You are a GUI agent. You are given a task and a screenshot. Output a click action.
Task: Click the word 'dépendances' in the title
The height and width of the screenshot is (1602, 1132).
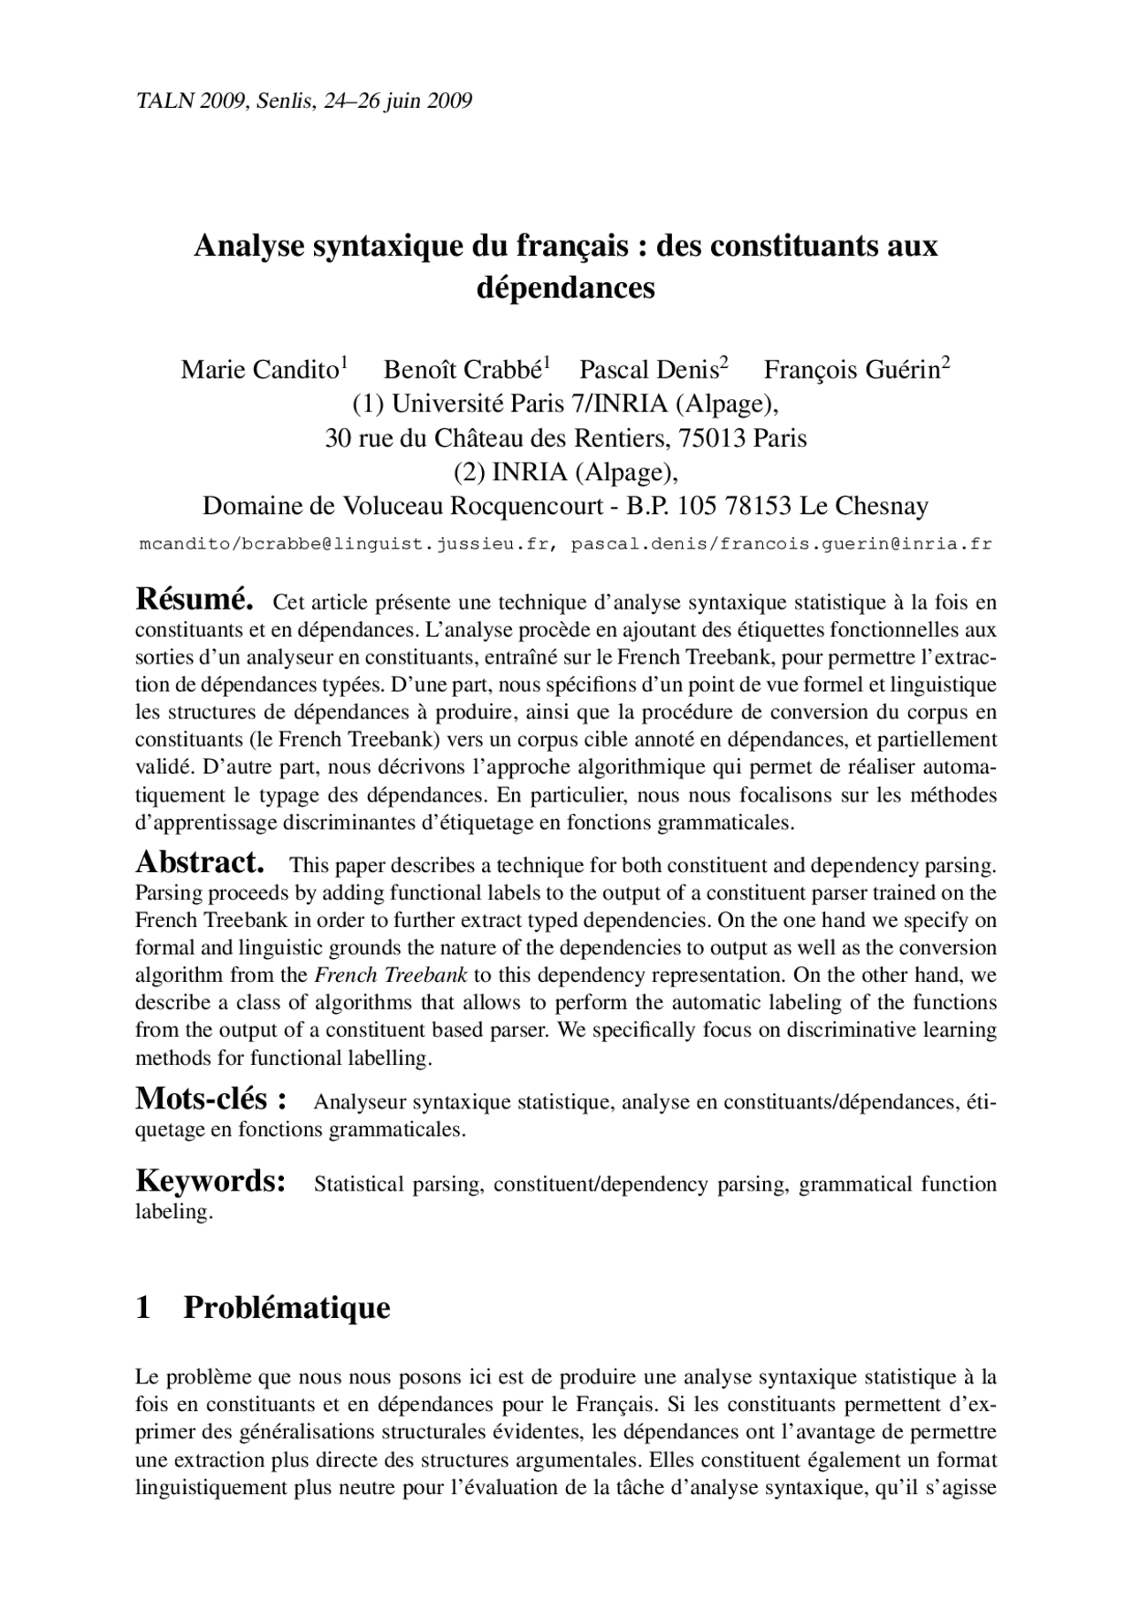click(566, 287)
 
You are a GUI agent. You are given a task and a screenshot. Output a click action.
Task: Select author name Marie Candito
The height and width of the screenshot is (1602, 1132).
click(259, 370)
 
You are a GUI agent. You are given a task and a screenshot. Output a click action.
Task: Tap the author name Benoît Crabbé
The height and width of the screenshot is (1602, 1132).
click(463, 370)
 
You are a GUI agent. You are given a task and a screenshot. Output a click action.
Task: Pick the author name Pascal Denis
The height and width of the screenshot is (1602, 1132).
click(648, 370)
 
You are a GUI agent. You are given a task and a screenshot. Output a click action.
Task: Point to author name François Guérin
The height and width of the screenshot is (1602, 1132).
click(851, 370)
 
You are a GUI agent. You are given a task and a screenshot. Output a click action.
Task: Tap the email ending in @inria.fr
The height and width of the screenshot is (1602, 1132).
click(781, 544)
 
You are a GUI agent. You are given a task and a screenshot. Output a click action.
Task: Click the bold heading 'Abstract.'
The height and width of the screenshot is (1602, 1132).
click(200, 862)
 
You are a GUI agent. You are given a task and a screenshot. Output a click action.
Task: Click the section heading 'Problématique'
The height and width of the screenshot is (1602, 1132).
click(287, 1307)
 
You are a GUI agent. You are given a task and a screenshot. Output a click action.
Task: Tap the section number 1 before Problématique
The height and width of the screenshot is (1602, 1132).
click(143, 1307)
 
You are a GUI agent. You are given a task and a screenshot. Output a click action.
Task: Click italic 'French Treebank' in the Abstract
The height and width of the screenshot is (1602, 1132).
click(391, 976)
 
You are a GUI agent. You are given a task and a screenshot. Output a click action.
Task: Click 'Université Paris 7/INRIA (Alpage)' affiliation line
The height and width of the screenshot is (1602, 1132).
click(566, 404)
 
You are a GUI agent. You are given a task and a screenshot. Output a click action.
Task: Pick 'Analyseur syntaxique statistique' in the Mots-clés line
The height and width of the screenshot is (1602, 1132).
click(462, 1102)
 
